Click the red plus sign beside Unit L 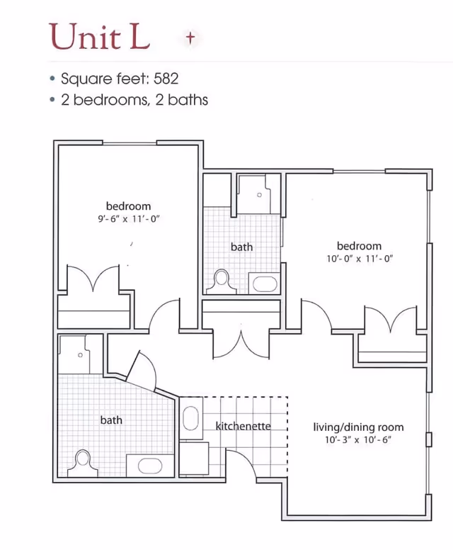[x=190, y=38]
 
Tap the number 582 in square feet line [x=166, y=78]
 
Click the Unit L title [x=100, y=36]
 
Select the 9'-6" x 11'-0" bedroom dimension [x=129, y=219]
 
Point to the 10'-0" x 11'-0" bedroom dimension [x=360, y=259]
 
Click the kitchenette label [x=243, y=426]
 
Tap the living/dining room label [x=358, y=427]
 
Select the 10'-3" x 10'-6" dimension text [x=358, y=440]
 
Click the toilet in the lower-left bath [x=83, y=463]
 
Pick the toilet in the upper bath [x=222, y=281]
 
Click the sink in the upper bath [x=265, y=284]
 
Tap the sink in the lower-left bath [x=150, y=466]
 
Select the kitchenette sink [x=190, y=417]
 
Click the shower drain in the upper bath [x=259, y=195]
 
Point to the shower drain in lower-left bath [x=80, y=355]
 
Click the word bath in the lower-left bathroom [x=111, y=420]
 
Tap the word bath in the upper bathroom [x=241, y=247]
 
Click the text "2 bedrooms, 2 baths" [x=134, y=100]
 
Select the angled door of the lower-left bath [x=141, y=370]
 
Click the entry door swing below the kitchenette [x=242, y=462]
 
